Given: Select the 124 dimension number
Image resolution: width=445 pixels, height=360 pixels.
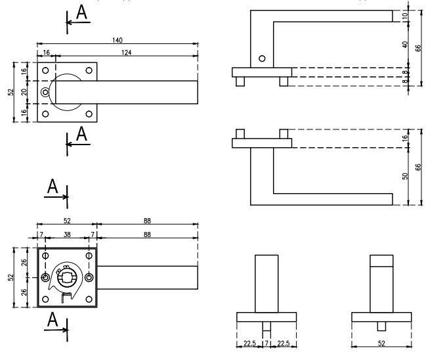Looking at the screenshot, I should click(x=125, y=51).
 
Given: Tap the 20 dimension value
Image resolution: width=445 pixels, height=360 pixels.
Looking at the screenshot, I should click(x=24, y=93).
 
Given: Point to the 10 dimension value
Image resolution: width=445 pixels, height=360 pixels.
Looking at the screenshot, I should click(x=405, y=16).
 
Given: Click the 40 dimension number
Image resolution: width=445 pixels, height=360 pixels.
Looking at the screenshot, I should click(x=405, y=45).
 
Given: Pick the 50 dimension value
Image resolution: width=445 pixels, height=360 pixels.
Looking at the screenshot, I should click(x=405, y=176).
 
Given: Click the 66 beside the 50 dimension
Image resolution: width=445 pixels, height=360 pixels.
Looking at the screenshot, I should click(x=418, y=167).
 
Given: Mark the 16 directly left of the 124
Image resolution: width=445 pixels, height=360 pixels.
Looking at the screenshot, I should click(x=46, y=51).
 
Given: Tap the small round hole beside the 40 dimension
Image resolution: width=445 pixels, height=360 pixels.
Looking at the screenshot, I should click(x=263, y=59).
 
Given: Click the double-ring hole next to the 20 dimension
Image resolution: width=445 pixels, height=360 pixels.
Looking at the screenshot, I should click(x=45, y=93).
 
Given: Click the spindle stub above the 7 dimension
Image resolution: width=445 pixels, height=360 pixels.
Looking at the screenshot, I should click(x=266, y=327).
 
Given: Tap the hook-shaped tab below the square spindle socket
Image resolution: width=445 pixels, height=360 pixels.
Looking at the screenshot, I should click(x=66, y=298).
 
